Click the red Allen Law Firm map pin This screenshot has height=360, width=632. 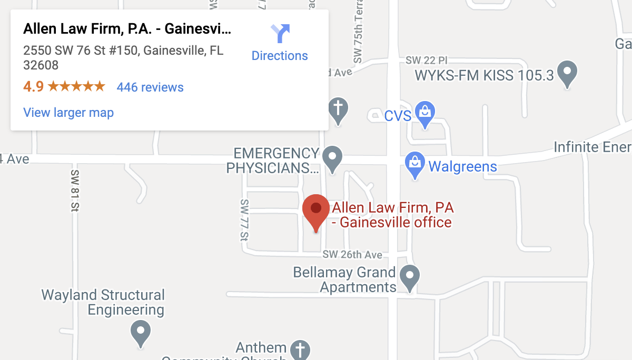(x=316, y=209)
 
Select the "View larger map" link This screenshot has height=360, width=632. (x=68, y=113)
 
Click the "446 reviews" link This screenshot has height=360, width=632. (x=150, y=87)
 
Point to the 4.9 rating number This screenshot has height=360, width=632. (x=33, y=87)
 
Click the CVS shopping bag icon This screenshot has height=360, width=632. (x=424, y=113)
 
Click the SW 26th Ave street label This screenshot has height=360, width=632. (x=352, y=255)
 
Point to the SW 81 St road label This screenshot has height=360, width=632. (x=74, y=189)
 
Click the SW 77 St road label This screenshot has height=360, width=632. (x=244, y=220)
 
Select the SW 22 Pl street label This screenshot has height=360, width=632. (x=430, y=62)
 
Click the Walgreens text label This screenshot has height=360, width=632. (x=462, y=167)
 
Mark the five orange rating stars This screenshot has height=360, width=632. (x=76, y=87)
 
